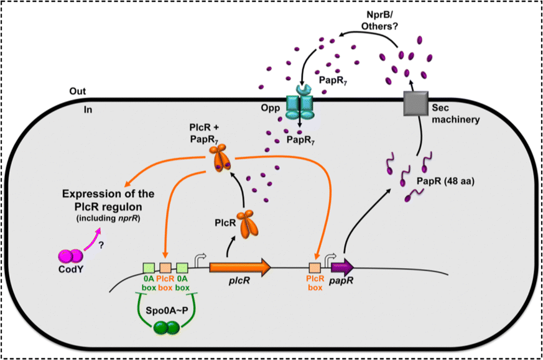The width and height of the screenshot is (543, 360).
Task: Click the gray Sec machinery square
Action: [416, 103]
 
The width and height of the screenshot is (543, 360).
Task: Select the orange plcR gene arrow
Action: [240, 267]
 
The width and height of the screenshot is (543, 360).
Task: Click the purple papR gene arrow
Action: [342, 267]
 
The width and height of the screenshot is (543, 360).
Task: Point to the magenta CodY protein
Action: [71, 257]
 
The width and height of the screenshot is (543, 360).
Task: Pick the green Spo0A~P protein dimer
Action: [167, 328]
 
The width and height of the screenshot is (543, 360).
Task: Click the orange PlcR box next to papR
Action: [315, 267]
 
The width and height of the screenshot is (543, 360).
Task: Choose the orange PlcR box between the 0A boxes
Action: [165, 267]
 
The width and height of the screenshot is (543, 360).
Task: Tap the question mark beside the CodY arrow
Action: [101, 246]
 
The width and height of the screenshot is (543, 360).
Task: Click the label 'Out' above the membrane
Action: [78, 91]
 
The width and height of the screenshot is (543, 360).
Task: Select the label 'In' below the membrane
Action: [88, 109]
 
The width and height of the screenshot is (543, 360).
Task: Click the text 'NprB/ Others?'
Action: [379, 20]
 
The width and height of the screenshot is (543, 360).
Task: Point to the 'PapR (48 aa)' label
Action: [445, 181]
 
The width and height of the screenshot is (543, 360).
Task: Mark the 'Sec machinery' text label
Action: [456, 114]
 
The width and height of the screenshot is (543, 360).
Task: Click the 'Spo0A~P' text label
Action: [167, 310]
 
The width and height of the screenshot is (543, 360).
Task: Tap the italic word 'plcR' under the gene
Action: [239, 280]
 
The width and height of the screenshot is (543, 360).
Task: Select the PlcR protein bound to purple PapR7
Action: [220, 159]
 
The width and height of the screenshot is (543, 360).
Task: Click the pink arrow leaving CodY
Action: [93, 239]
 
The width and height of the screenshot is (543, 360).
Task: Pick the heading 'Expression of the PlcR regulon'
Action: [108, 200]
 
